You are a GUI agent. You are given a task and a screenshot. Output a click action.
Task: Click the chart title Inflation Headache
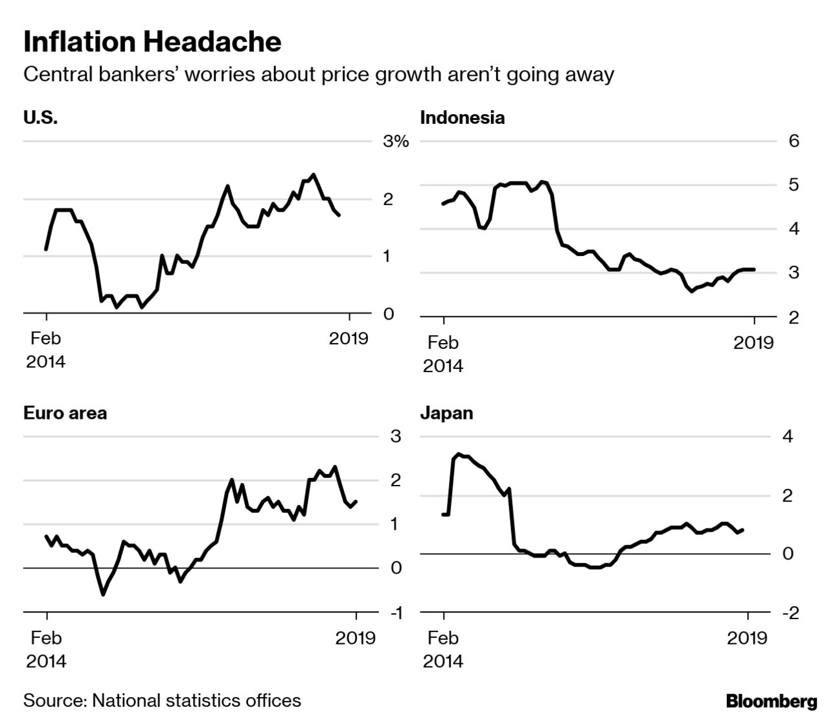[152, 42]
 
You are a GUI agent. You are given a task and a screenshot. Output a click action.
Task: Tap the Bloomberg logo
[771, 702]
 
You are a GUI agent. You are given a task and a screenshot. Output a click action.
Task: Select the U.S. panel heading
[40, 118]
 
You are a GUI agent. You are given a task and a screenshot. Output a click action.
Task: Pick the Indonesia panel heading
[462, 118]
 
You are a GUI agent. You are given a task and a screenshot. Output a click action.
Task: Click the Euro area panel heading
[65, 413]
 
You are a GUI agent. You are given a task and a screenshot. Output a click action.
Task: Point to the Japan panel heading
[446, 413]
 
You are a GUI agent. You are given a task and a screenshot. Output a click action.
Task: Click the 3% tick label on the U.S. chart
[395, 141]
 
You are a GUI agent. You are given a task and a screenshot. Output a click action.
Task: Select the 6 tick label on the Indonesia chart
[794, 141]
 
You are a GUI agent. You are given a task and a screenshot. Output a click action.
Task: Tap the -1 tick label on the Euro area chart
[395, 613]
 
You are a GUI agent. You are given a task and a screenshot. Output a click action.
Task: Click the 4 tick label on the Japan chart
[788, 436]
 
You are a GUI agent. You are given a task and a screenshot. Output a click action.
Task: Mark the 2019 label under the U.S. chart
[349, 338]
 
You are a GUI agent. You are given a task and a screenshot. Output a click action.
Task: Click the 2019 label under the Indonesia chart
[753, 343]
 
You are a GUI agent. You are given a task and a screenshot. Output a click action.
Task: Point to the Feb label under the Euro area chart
[46, 638]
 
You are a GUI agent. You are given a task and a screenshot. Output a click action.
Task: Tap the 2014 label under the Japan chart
[443, 661]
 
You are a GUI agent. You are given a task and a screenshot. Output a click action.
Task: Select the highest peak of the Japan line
[459, 454]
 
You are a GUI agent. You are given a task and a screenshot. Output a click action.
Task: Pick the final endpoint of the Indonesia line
[754, 269]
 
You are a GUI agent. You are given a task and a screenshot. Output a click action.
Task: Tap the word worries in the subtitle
[220, 75]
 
